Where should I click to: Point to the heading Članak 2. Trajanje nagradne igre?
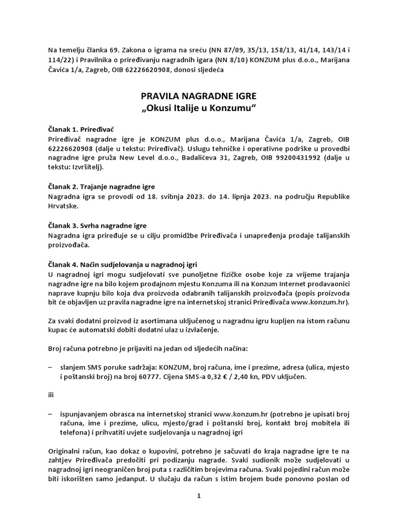pyautogui.click(x=102, y=186)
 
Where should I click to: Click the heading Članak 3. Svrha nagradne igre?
pyautogui.click(x=97, y=226)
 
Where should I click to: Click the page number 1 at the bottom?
pyautogui.click(x=198, y=496)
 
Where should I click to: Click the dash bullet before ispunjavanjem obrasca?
pyautogui.click(x=50, y=414)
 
